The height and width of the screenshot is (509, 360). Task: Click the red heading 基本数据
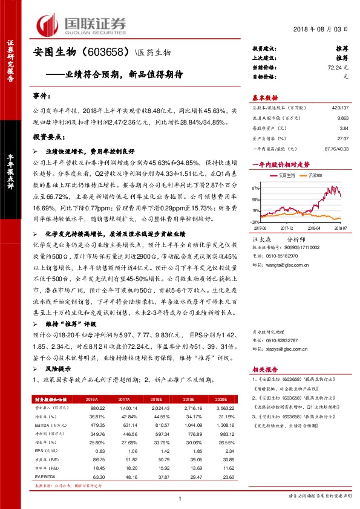[x=265, y=97]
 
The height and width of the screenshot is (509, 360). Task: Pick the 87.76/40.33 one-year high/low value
[x=338, y=148]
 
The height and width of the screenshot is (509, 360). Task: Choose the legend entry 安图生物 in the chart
[x=285, y=175]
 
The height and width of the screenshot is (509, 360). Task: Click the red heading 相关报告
[x=264, y=369]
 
